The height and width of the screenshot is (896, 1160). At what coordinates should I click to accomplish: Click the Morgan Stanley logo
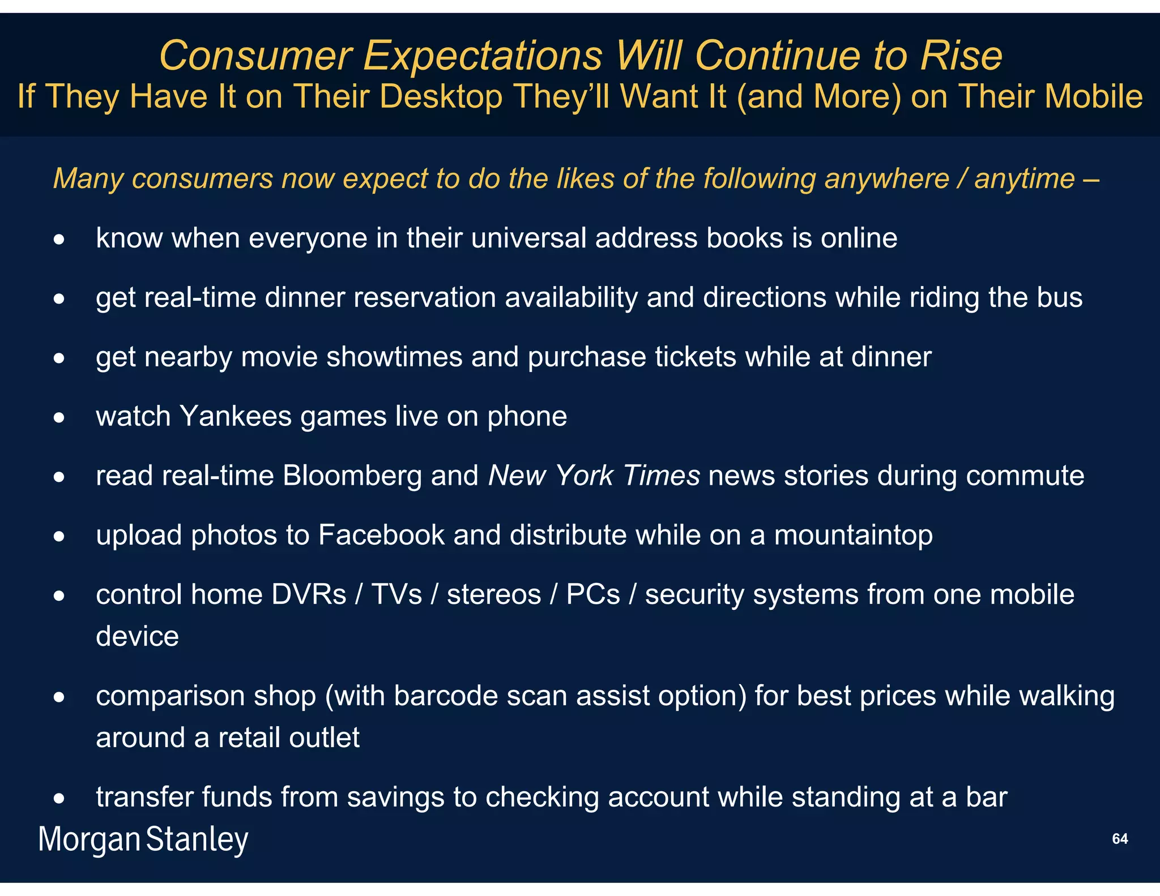pos(143,839)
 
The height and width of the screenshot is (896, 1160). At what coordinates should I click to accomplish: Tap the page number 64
pos(1120,839)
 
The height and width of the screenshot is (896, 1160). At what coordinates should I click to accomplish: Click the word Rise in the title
pos(961,56)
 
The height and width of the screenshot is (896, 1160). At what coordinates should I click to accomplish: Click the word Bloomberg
pos(352,476)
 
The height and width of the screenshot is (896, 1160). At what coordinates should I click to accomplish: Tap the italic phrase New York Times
pos(594,476)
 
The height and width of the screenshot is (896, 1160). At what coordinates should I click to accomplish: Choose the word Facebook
pos(381,535)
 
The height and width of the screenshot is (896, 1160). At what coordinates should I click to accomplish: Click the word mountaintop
pos(853,535)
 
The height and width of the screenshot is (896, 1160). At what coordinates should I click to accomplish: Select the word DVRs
pos(309,595)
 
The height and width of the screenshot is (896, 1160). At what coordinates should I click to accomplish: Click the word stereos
pos(494,595)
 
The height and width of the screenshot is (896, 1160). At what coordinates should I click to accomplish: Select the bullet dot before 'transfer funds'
pos(59,799)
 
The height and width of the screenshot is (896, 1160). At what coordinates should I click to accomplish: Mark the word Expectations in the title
pos(483,56)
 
